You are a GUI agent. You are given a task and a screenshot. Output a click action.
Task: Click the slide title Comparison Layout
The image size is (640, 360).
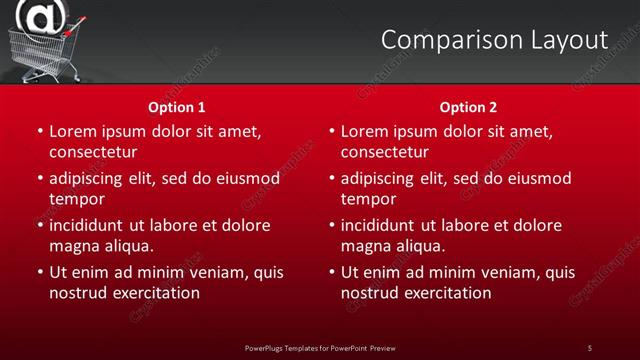tap(494, 40)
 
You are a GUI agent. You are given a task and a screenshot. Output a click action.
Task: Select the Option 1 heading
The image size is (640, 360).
tap(177, 107)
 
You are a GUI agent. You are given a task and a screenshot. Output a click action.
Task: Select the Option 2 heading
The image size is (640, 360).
tap(468, 107)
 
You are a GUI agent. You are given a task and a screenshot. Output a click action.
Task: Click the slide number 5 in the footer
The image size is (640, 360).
tap(590, 348)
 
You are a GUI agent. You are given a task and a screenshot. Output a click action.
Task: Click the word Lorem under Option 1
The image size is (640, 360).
tap(73, 131)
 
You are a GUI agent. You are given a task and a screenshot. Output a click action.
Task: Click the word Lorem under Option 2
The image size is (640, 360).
tap(365, 131)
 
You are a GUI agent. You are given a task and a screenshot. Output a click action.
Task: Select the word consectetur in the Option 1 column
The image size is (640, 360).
tap(92, 152)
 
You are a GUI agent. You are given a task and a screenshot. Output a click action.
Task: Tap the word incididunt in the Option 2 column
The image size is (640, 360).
tap(384, 225)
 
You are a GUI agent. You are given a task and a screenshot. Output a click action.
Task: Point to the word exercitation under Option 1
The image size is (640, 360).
tap(156, 293)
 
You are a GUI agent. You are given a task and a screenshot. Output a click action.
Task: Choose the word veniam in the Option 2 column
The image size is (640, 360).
tap(492, 272)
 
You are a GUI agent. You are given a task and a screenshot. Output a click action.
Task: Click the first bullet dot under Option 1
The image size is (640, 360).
tap(40, 131)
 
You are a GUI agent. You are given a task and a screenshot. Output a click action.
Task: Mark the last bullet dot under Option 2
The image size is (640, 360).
tap(332, 272)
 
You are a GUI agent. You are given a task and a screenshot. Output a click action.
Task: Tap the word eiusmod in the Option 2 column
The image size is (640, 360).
tap(540, 178)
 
